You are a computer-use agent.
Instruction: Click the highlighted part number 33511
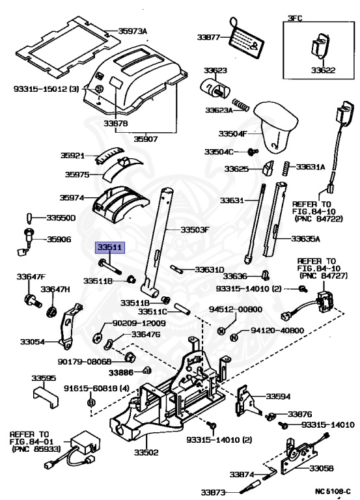point(108,248)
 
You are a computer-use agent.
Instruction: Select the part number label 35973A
point(133,31)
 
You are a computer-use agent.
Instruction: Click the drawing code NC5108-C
point(333,492)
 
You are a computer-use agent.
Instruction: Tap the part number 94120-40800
point(276,331)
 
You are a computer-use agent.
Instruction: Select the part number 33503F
point(195,230)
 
